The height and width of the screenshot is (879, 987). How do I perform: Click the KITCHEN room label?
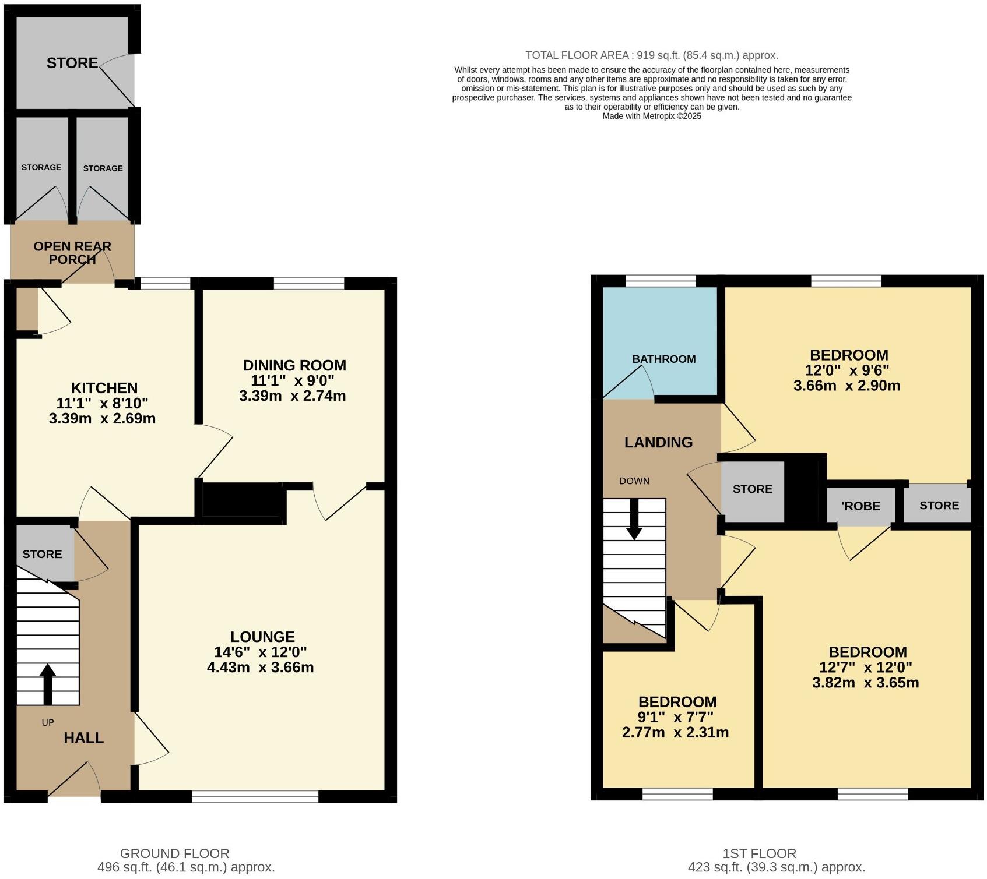coord(104,388)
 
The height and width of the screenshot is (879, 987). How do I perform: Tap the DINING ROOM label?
coord(294,365)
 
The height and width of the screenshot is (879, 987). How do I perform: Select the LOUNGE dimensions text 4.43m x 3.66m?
coord(260,668)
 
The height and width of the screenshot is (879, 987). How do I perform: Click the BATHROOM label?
coord(663,359)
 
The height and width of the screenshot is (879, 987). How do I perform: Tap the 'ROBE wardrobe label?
coord(860,506)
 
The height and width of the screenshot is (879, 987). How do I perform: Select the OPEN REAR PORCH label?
coord(72,253)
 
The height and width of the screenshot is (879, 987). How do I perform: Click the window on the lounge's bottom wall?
coord(255,796)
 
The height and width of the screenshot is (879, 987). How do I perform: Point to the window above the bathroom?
coord(661,281)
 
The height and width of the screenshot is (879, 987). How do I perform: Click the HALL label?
coord(83,738)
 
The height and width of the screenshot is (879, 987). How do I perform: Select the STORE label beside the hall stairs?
coord(42,554)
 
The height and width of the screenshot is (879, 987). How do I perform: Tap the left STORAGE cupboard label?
coord(41,167)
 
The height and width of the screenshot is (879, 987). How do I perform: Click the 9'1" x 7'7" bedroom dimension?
coord(675,717)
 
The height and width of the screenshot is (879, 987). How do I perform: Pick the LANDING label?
coord(658,442)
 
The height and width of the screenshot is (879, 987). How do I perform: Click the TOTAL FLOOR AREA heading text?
coord(651,55)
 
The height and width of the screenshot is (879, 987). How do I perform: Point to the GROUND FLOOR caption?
coord(174,853)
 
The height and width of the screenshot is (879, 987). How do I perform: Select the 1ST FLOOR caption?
coord(758,853)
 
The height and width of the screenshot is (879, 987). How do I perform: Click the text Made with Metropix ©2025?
coord(651,116)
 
